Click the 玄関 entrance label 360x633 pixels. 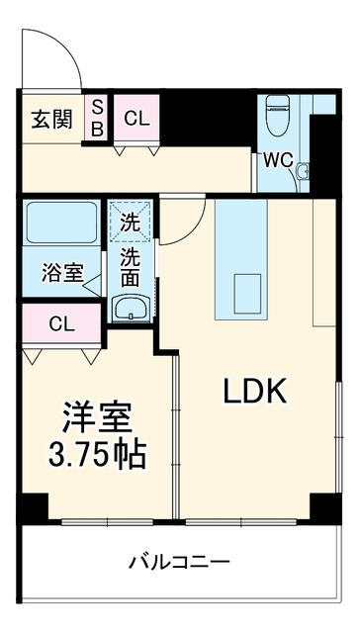point(52,119)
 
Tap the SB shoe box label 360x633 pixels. point(98,118)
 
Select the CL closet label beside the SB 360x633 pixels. point(136,119)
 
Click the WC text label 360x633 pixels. point(278,160)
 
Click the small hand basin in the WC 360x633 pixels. point(303,171)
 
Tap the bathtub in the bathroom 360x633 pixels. point(61,223)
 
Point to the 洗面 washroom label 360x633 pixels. point(131,267)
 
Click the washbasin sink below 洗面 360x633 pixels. point(131,309)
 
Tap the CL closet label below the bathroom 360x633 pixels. point(61,323)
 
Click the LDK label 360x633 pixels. point(255,391)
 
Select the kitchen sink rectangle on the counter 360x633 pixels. point(247,293)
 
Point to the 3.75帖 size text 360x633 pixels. point(97,456)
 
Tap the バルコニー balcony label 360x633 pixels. point(179,562)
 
